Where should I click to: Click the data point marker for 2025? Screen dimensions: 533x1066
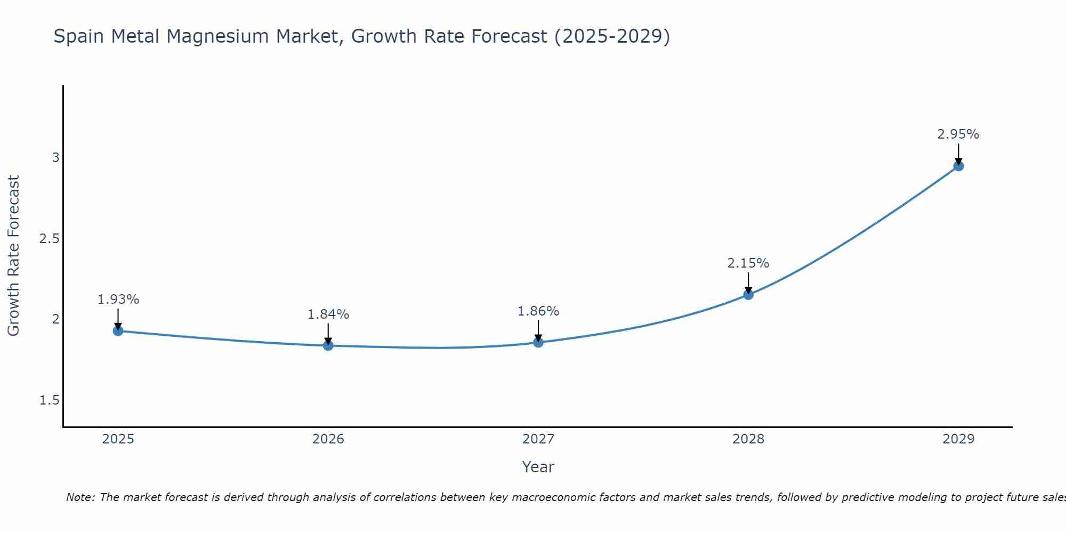118,331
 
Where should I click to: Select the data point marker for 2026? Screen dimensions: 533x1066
328,346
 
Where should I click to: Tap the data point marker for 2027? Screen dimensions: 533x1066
538,342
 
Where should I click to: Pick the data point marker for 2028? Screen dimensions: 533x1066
748,295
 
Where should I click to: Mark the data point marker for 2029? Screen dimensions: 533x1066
958,166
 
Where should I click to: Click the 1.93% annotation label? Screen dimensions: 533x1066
118,300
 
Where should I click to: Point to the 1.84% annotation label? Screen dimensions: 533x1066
328,314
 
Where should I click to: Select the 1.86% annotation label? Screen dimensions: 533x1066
538,311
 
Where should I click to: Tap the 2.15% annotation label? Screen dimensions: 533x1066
748,263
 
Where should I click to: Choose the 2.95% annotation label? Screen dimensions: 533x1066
958,134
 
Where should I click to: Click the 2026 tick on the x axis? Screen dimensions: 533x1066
328,439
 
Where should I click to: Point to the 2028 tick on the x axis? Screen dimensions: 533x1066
748,439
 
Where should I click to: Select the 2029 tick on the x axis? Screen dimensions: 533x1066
958,439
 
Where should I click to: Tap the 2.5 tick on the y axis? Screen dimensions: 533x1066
50,238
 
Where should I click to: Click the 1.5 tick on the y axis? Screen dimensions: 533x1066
50,400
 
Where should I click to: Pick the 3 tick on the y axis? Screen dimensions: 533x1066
56,158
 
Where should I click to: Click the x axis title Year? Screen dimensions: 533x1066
538,467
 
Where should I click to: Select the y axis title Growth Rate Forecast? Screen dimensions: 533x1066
14,256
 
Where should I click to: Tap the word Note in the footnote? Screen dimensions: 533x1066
80,497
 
